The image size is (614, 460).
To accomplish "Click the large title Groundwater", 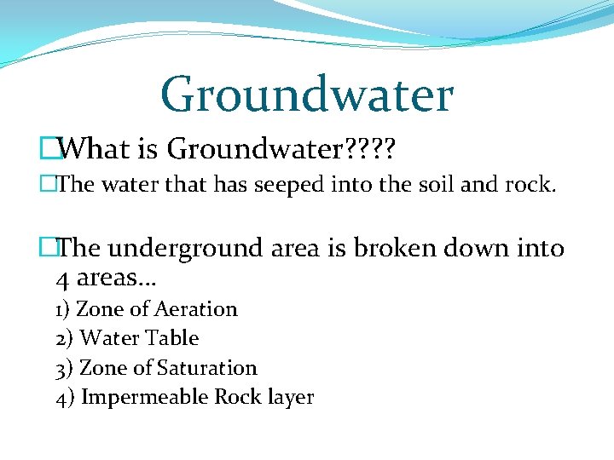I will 306,94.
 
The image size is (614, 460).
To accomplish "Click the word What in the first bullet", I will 94,150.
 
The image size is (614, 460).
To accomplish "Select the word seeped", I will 285,185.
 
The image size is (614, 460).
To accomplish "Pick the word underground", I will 187,249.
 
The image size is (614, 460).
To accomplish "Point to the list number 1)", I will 63,309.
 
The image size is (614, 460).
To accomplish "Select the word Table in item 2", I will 171,338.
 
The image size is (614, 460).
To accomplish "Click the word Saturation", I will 207,368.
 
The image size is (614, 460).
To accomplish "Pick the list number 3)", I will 64,368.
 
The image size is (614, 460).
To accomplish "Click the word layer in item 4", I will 291,398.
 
